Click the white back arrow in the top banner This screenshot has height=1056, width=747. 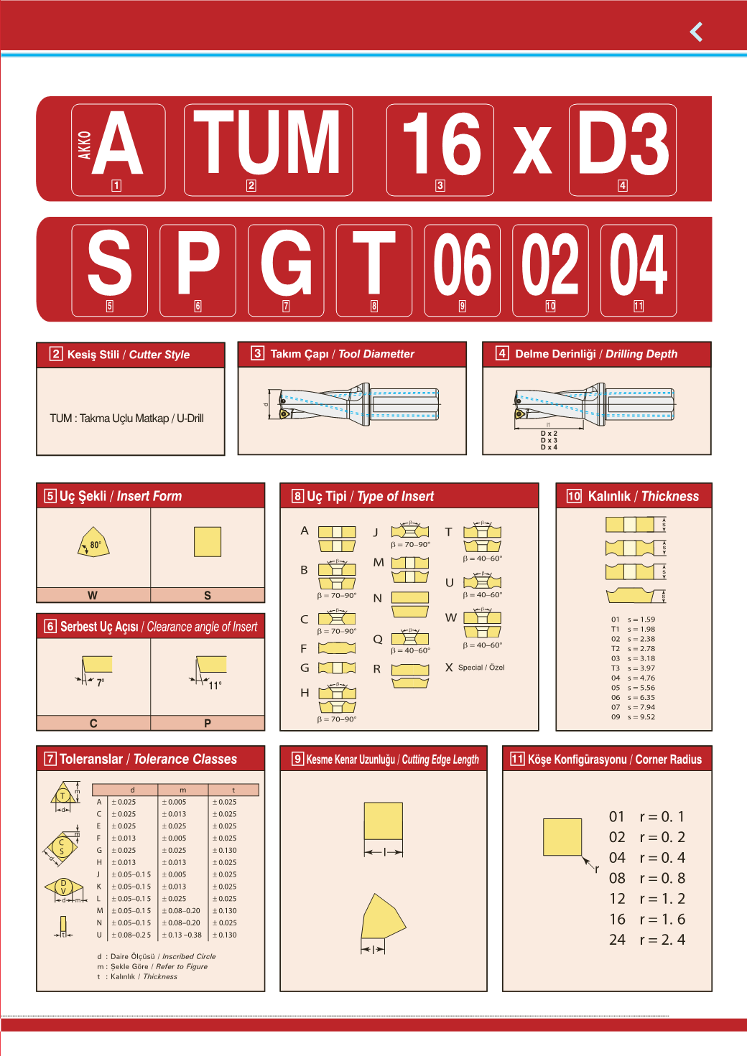696,32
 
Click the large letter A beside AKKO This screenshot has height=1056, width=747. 117,143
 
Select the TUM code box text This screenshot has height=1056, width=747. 267,142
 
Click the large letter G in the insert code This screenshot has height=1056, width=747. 287,263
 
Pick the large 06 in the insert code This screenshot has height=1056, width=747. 462,264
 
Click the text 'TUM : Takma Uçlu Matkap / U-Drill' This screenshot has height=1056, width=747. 127,418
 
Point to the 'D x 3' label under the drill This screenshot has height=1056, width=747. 549,440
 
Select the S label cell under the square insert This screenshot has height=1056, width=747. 208,595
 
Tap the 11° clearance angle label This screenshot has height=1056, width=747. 215,686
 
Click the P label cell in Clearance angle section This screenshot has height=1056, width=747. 208,723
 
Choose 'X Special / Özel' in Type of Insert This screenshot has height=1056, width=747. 475,667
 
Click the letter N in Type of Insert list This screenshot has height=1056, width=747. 377,598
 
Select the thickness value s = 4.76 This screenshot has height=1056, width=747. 641,678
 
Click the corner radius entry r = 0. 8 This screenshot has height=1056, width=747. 662,878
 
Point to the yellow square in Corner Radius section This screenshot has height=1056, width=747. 562,837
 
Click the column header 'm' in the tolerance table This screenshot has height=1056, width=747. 183,790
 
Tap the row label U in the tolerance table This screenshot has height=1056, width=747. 99,935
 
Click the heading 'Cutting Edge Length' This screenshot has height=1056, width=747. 440,760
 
